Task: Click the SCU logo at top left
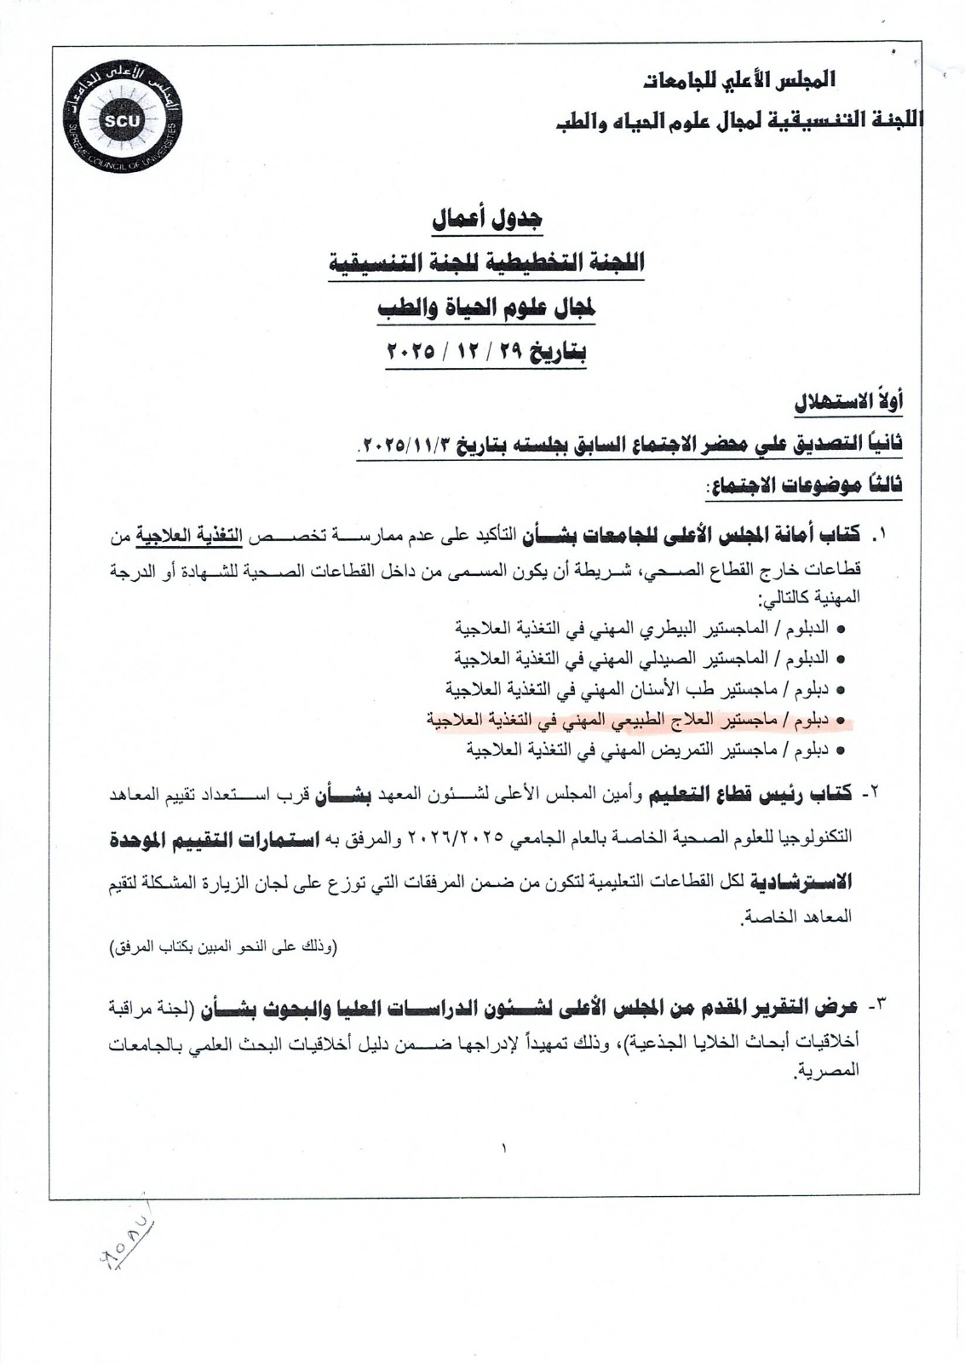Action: (x=121, y=121)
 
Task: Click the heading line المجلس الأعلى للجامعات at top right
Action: (x=738, y=80)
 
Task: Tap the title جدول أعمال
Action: (x=487, y=220)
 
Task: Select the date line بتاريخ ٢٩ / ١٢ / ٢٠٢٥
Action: (x=487, y=351)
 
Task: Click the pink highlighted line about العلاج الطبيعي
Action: (x=635, y=720)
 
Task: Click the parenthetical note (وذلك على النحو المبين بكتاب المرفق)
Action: (x=225, y=946)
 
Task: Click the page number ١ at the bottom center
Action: (x=503, y=1149)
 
